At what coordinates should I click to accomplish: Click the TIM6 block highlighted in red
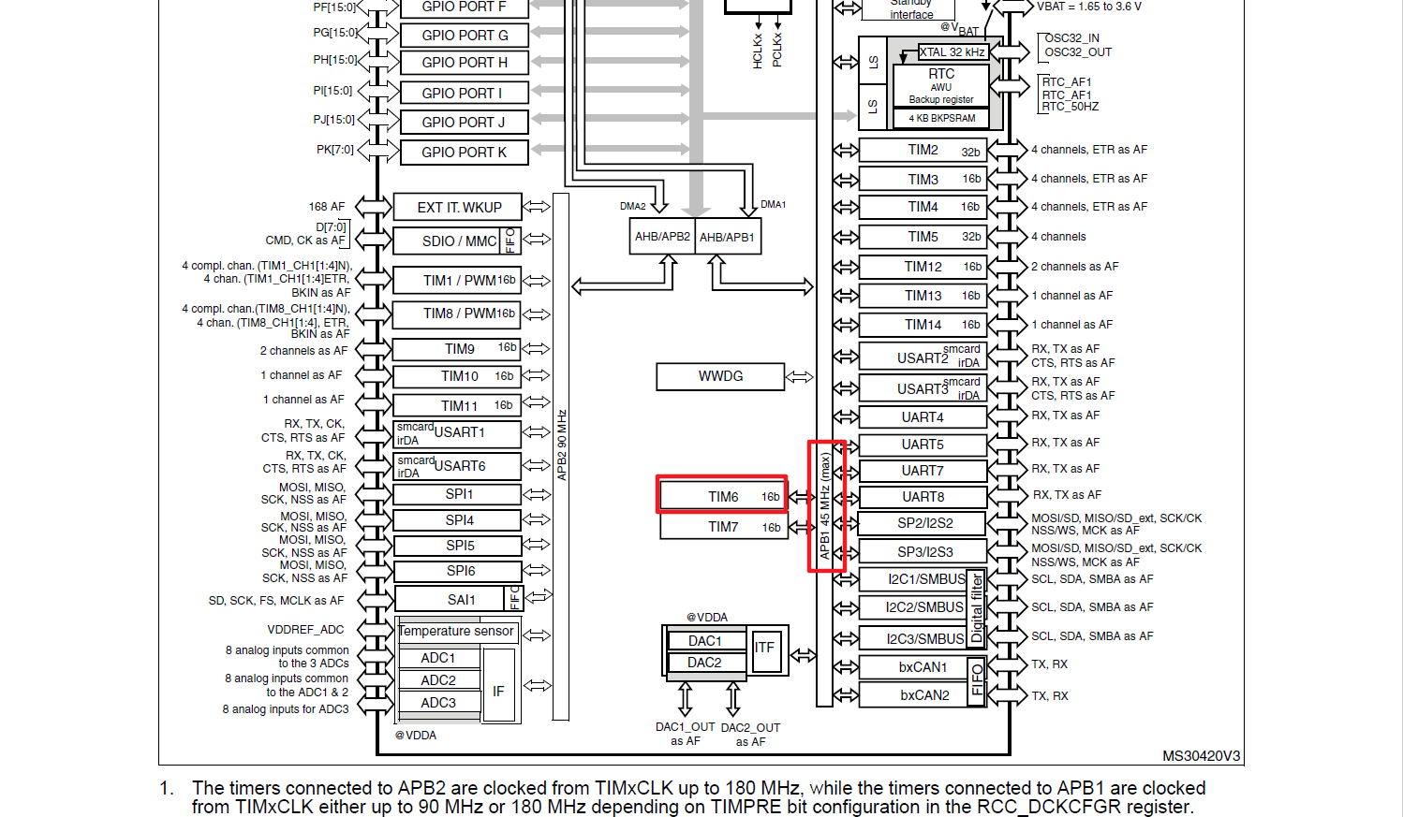click(x=720, y=496)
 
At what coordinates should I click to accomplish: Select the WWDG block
click(x=720, y=376)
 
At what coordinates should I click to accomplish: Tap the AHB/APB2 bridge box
click(x=662, y=237)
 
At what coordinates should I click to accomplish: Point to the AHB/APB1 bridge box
click(x=727, y=237)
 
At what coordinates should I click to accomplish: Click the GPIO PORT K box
click(x=464, y=152)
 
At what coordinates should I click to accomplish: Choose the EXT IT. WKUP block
click(x=459, y=207)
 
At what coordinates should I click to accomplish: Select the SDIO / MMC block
click(x=450, y=241)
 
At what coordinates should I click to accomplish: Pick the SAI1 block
click(x=450, y=600)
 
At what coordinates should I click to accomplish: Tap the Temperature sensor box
click(x=456, y=632)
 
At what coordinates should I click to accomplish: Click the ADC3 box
click(x=438, y=703)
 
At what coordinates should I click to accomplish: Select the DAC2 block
click(x=704, y=663)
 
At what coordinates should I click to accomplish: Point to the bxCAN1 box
click(x=923, y=667)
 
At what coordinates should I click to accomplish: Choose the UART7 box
click(x=923, y=470)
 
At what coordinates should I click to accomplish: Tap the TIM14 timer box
click(x=923, y=325)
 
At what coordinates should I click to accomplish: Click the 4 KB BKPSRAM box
click(x=941, y=118)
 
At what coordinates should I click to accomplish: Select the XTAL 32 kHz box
click(x=952, y=52)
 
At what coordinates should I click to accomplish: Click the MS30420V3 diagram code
click(x=1201, y=756)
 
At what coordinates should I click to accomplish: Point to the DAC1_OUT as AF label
click(x=685, y=734)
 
